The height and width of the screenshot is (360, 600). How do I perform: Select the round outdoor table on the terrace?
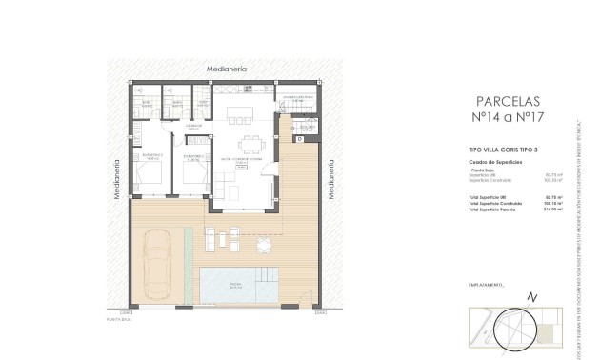point(262,244)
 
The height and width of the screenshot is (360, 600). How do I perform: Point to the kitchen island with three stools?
point(239,114)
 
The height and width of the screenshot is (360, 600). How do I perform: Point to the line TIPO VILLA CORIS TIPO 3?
point(497,150)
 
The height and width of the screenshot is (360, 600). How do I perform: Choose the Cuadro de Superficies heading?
point(491,161)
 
